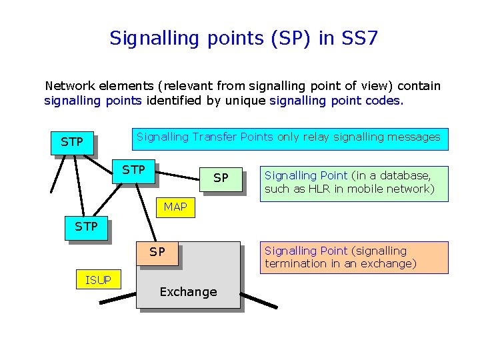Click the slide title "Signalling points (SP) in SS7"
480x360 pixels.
point(243,38)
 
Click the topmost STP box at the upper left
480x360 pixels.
point(72,142)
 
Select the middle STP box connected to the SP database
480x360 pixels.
point(134,171)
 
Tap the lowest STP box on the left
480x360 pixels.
point(87,227)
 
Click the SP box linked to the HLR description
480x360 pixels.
point(221,178)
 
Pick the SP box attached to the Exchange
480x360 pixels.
point(157,253)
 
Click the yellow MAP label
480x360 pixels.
point(175,207)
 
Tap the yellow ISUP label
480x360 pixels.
point(99,280)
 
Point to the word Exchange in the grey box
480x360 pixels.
point(188,292)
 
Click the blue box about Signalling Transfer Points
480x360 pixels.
point(289,138)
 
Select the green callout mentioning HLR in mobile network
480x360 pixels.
point(353,183)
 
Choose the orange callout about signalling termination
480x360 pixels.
point(353,257)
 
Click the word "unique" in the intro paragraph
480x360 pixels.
point(248,101)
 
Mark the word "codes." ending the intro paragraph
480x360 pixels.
point(385,101)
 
